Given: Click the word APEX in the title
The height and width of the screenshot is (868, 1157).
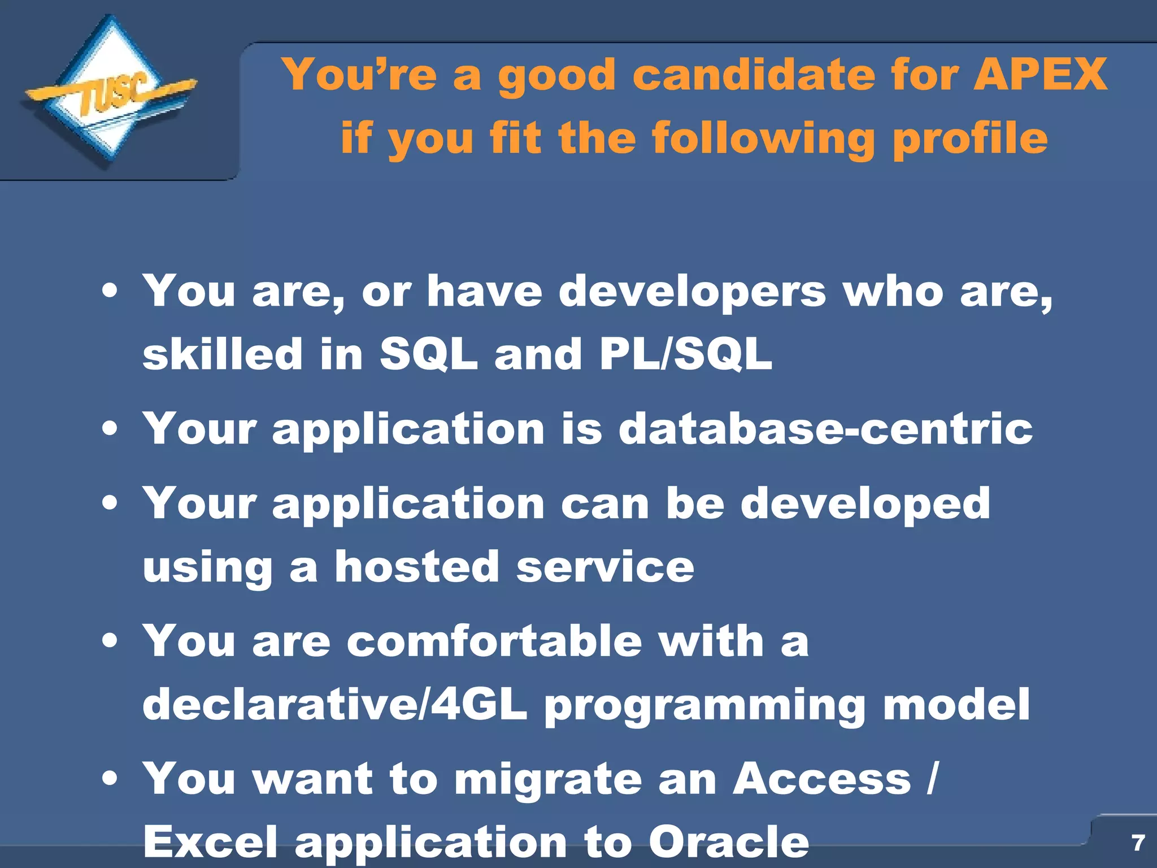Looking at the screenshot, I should coord(1040,74).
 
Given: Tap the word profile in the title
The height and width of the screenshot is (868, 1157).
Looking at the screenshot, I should coord(969,138).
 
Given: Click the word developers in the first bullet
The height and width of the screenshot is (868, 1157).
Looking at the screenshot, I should coord(692,292).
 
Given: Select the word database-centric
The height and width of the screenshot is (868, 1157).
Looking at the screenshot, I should coord(825,428).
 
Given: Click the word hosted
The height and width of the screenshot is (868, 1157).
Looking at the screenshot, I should coord(417,567).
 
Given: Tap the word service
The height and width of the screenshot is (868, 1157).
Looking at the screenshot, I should coord(605,567).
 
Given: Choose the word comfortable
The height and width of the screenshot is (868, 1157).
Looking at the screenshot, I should coord(494,641).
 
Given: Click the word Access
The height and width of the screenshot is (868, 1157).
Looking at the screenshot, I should coord(822,779).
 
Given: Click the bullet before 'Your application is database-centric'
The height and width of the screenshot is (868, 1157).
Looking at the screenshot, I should coord(110,429).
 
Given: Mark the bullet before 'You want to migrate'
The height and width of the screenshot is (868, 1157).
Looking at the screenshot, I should coord(110,779).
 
